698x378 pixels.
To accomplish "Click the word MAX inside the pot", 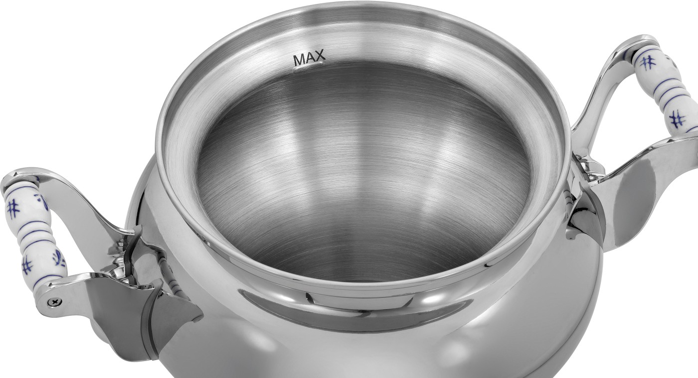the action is coord(310,58).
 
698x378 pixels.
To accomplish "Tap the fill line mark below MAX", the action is coord(309,66).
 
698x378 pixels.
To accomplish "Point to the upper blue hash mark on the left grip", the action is coord(13,208).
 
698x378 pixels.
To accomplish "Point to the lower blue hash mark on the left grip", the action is coord(27,264).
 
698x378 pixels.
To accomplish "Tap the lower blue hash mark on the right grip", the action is coord(677,119).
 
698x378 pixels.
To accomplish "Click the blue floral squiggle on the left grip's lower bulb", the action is coord(59,258).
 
